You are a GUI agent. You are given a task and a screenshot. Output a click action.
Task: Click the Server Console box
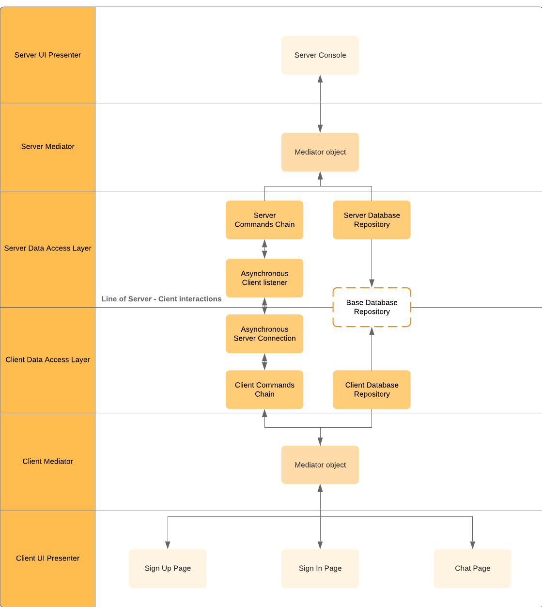[320, 55]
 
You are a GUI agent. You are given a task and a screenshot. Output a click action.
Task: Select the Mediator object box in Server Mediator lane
[320, 152]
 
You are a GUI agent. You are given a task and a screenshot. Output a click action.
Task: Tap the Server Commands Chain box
[264, 220]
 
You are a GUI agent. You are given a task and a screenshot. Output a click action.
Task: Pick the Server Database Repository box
[372, 220]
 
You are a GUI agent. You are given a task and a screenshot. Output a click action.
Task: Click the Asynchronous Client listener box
[264, 278]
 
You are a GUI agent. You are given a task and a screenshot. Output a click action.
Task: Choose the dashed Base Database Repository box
[372, 307]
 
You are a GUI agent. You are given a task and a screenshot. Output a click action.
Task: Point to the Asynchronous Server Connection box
[264, 334]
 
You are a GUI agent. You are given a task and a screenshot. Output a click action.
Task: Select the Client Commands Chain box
[264, 389]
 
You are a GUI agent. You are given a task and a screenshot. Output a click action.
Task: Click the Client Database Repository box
[372, 389]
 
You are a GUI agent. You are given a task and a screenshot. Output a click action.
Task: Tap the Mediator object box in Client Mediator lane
[320, 465]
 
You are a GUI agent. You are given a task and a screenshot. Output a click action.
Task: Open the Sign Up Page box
[168, 568]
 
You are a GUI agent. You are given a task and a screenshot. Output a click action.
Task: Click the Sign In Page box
[320, 568]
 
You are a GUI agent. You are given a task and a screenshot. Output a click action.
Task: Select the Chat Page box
[472, 568]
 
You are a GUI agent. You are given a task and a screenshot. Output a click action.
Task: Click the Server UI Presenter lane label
[47, 55]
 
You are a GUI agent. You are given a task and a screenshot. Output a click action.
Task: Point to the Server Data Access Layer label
[47, 249]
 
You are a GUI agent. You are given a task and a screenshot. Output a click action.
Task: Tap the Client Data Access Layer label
[47, 360]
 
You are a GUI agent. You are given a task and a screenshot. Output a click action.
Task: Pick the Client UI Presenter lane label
[47, 559]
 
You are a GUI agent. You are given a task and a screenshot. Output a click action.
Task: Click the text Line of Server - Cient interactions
[161, 299]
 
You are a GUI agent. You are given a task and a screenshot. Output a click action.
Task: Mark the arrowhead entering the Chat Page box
[472, 545]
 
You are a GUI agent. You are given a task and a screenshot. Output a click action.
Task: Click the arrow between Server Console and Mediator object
[320, 104]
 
